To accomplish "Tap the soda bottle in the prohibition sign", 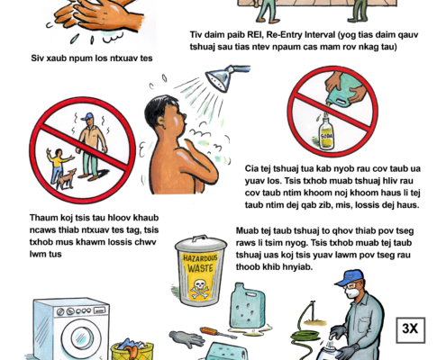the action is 326,133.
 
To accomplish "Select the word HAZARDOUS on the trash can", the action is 200,257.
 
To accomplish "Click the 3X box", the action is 411,329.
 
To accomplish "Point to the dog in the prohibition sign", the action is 67,179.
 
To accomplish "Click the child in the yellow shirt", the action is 58,165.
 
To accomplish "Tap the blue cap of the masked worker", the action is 350,277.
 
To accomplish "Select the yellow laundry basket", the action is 132,351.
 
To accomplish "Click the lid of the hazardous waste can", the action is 201,242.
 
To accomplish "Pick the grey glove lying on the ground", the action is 187,338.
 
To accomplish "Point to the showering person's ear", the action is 161,121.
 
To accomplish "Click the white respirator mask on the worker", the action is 350,292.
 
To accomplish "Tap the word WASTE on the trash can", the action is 200,267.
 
